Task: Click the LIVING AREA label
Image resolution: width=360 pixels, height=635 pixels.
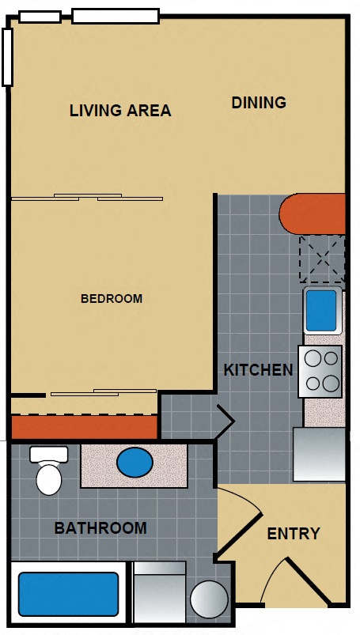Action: click(x=119, y=110)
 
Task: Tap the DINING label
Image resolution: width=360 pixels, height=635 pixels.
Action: click(x=259, y=102)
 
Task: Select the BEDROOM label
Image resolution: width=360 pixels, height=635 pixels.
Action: click(x=112, y=299)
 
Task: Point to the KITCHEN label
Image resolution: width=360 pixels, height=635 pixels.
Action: click(x=258, y=369)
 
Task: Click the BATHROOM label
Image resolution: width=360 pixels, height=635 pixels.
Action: click(x=100, y=527)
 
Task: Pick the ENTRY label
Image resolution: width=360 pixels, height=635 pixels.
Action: click(x=294, y=534)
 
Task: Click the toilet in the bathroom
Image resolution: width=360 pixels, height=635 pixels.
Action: click(x=49, y=471)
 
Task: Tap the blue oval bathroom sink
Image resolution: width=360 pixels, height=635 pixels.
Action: click(x=135, y=462)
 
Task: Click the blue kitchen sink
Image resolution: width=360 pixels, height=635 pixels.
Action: click(x=321, y=311)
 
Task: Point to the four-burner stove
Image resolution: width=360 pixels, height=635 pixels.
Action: click(x=320, y=371)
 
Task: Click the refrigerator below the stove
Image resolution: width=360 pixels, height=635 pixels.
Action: click(x=319, y=454)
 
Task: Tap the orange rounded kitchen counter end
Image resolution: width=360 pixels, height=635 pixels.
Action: click(x=312, y=214)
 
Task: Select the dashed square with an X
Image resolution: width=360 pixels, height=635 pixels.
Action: click(x=322, y=258)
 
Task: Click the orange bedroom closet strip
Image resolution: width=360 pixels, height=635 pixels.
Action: click(x=84, y=428)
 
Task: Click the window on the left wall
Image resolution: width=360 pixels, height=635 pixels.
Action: click(x=7, y=57)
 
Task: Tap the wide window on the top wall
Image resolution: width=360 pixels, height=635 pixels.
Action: click(x=116, y=15)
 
